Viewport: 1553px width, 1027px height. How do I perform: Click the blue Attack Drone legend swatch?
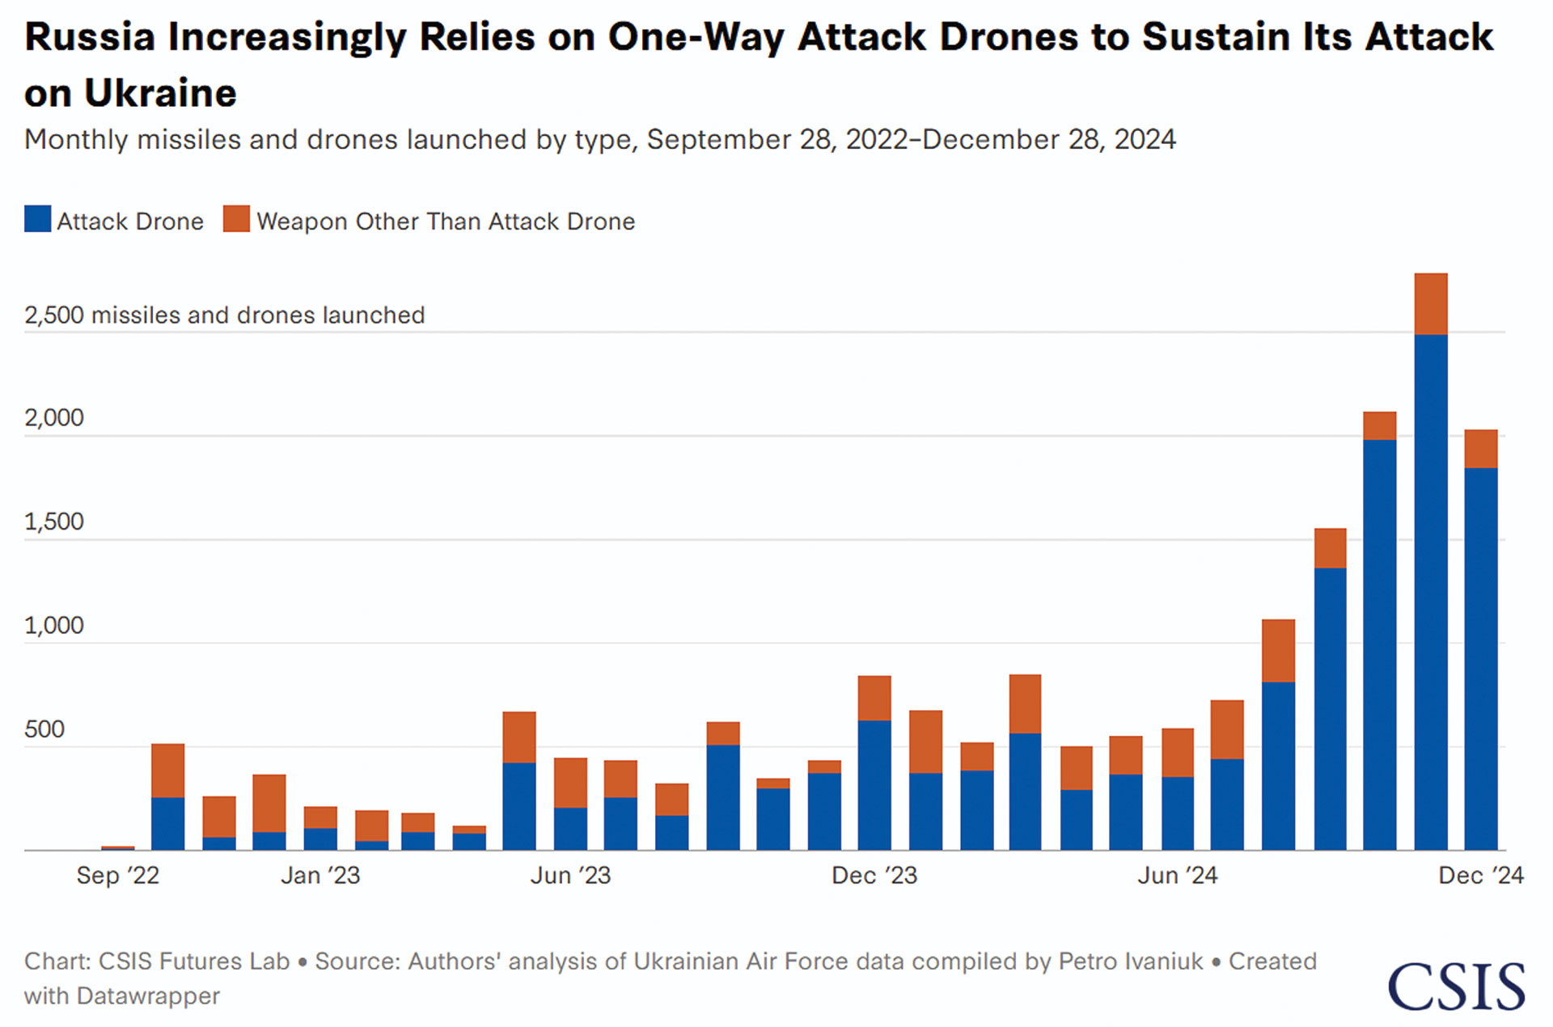click(x=37, y=219)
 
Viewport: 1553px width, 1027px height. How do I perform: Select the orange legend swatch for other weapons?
click(x=236, y=219)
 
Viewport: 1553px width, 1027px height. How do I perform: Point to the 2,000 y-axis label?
click(x=54, y=418)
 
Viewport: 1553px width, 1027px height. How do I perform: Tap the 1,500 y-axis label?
click(x=54, y=522)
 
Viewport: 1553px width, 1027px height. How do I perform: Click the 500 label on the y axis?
click(x=44, y=729)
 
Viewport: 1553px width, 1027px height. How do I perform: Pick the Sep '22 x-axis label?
click(x=118, y=875)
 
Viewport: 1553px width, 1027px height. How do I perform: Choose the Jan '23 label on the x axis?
click(x=320, y=875)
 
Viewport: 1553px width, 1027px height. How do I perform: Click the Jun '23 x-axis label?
click(x=570, y=875)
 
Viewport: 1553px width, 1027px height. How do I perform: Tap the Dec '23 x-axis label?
click(x=874, y=875)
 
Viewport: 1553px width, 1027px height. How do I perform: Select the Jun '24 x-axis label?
click(x=1177, y=875)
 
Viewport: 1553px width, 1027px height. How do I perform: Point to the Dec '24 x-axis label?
click(x=1480, y=875)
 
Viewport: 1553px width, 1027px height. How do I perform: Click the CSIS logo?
click(x=1456, y=987)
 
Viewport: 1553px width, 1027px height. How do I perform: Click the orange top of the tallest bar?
click(x=1431, y=304)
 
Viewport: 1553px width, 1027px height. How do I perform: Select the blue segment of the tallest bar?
click(x=1431, y=590)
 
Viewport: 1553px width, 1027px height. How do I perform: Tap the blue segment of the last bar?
click(x=1481, y=659)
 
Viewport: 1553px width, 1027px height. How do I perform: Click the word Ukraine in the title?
click(x=160, y=93)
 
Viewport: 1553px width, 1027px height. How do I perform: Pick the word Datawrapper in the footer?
click(x=148, y=995)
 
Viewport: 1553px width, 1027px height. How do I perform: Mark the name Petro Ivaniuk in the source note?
click(x=1131, y=961)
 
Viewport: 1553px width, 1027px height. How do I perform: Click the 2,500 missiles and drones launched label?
click(x=224, y=315)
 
